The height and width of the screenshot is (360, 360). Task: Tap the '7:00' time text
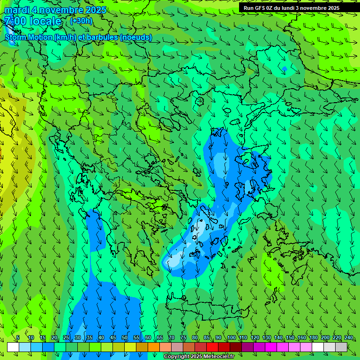click(15, 21)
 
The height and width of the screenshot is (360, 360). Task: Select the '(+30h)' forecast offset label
click(81, 21)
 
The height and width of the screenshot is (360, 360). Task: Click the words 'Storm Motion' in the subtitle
click(29, 37)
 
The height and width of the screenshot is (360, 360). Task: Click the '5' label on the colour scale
click(18, 337)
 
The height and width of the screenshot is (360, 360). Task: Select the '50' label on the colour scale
click(124, 337)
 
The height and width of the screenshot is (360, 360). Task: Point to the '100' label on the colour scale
click(231, 337)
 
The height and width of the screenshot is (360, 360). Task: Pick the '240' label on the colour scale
click(348, 337)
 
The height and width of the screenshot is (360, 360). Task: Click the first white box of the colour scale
click(13, 347)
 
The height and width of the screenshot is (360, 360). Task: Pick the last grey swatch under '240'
click(341, 347)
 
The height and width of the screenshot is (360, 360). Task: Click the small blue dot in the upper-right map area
click(284, 69)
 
